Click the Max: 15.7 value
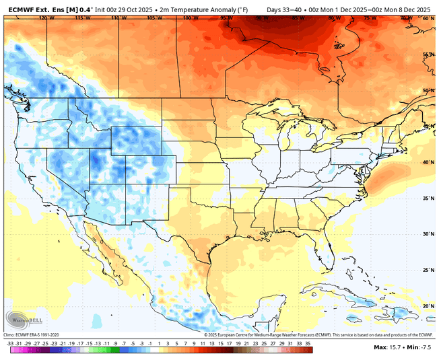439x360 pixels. point(390,347)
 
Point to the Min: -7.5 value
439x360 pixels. point(422,347)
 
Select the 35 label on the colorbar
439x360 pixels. point(307,343)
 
